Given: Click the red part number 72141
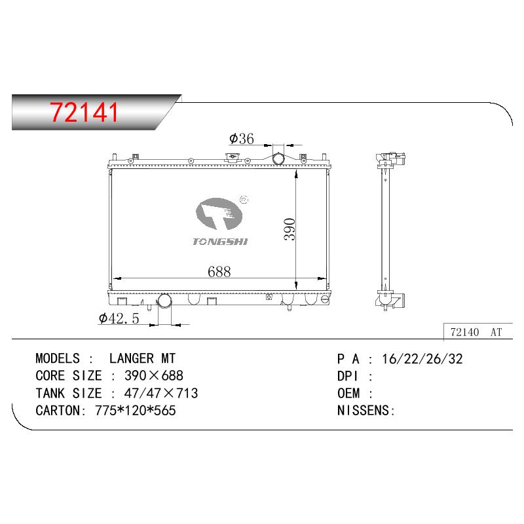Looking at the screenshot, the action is [84, 112].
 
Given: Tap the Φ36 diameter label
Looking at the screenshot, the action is [241, 138].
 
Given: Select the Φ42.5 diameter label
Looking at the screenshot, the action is [119, 318].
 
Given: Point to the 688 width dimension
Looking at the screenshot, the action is [219, 272].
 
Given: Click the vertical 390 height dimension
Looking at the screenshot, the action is [290, 229].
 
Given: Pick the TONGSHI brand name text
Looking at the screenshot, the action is [220, 242].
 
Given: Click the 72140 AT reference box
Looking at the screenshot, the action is [478, 332].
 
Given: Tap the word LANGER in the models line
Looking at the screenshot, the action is [132, 358].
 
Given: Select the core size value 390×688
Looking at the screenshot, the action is [154, 375].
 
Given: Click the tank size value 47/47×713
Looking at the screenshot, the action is [161, 393].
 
